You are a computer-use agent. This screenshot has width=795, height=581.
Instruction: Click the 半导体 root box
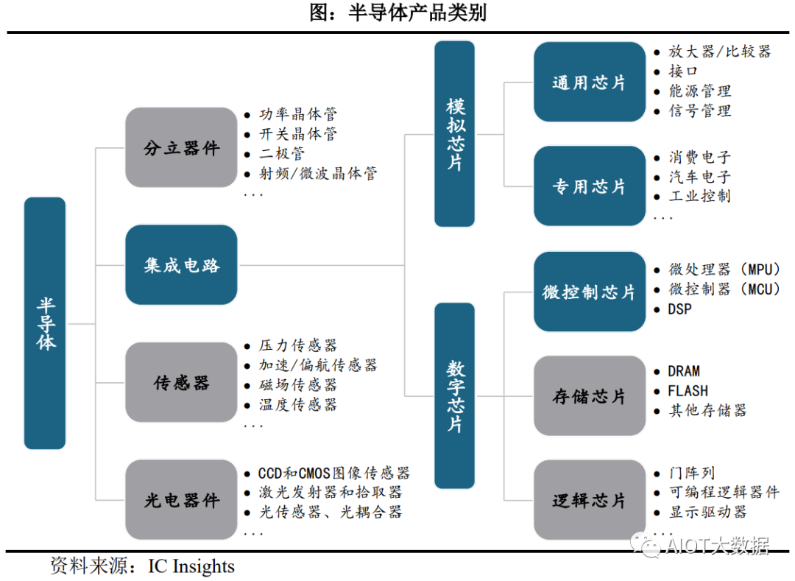pyautogui.click(x=45, y=323)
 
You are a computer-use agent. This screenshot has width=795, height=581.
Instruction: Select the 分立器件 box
pyautogui.click(x=181, y=147)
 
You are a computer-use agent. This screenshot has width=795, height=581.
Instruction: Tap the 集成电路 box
pyautogui.click(x=181, y=265)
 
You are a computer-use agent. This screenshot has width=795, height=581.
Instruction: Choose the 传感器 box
pyautogui.click(x=181, y=382)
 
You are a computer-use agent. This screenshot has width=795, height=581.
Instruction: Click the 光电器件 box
pyautogui.click(x=181, y=500)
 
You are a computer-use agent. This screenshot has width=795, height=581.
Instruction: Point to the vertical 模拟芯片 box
pyautogui.click(x=454, y=134)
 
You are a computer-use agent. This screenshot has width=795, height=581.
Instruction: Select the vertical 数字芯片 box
pyautogui.click(x=454, y=395)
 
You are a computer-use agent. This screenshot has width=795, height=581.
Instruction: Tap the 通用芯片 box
pyautogui.click(x=588, y=82)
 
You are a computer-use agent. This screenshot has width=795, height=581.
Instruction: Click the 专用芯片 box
pyautogui.click(x=588, y=186)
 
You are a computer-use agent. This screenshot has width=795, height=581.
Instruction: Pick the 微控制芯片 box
pyautogui.click(x=588, y=292)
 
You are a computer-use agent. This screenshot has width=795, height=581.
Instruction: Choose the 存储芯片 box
pyautogui.click(x=588, y=396)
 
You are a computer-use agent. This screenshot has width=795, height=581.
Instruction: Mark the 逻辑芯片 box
pyautogui.click(x=588, y=501)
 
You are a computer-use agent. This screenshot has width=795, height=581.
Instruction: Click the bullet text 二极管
pyautogui.click(x=282, y=154)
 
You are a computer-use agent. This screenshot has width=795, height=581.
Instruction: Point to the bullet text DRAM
pyautogui.click(x=684, y=371)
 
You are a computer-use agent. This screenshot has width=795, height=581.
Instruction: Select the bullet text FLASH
pyautogui.click(x=688, y=391)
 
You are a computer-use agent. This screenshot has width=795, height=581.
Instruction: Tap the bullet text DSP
pyautogui.click(x=679, y=309)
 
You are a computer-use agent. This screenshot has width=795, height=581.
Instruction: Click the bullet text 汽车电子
pyautogui.click(x=699, y=177)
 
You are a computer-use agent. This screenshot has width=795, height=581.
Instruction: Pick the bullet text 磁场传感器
pyautogui.click(x=297, y=384)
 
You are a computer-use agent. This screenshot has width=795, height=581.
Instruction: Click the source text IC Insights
pyautogui.click(x=191, y=566)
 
